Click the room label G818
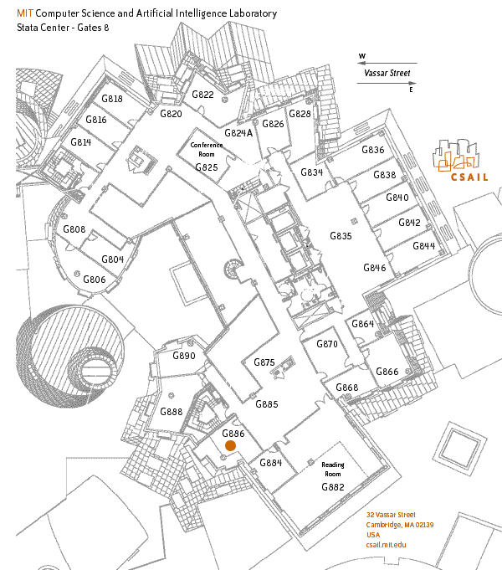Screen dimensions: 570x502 [x=111, y=99]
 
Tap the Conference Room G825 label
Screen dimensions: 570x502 [x=207, y=156]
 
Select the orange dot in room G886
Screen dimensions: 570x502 [x=230, y=447]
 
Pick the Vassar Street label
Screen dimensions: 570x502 [x=387, y=73]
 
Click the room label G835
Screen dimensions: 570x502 [x=341, y=236]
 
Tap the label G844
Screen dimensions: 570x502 [x=423, y=246]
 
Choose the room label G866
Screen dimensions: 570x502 [x=387, y=372]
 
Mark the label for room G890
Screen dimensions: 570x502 [x=183, y=356]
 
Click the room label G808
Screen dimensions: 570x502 [x=74, y=229]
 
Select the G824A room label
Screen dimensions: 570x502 [x=238, y=133]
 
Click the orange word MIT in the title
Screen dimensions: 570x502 [x=25, y=14]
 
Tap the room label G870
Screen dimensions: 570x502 [x=326, y=344]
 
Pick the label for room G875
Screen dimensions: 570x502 [x=264, y=362]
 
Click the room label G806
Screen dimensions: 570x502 [x=94, y=279]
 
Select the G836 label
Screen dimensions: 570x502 [x=372, y=150]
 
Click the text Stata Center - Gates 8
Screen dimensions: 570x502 [x=62, y=28]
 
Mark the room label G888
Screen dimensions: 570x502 [x=171, y=412]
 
